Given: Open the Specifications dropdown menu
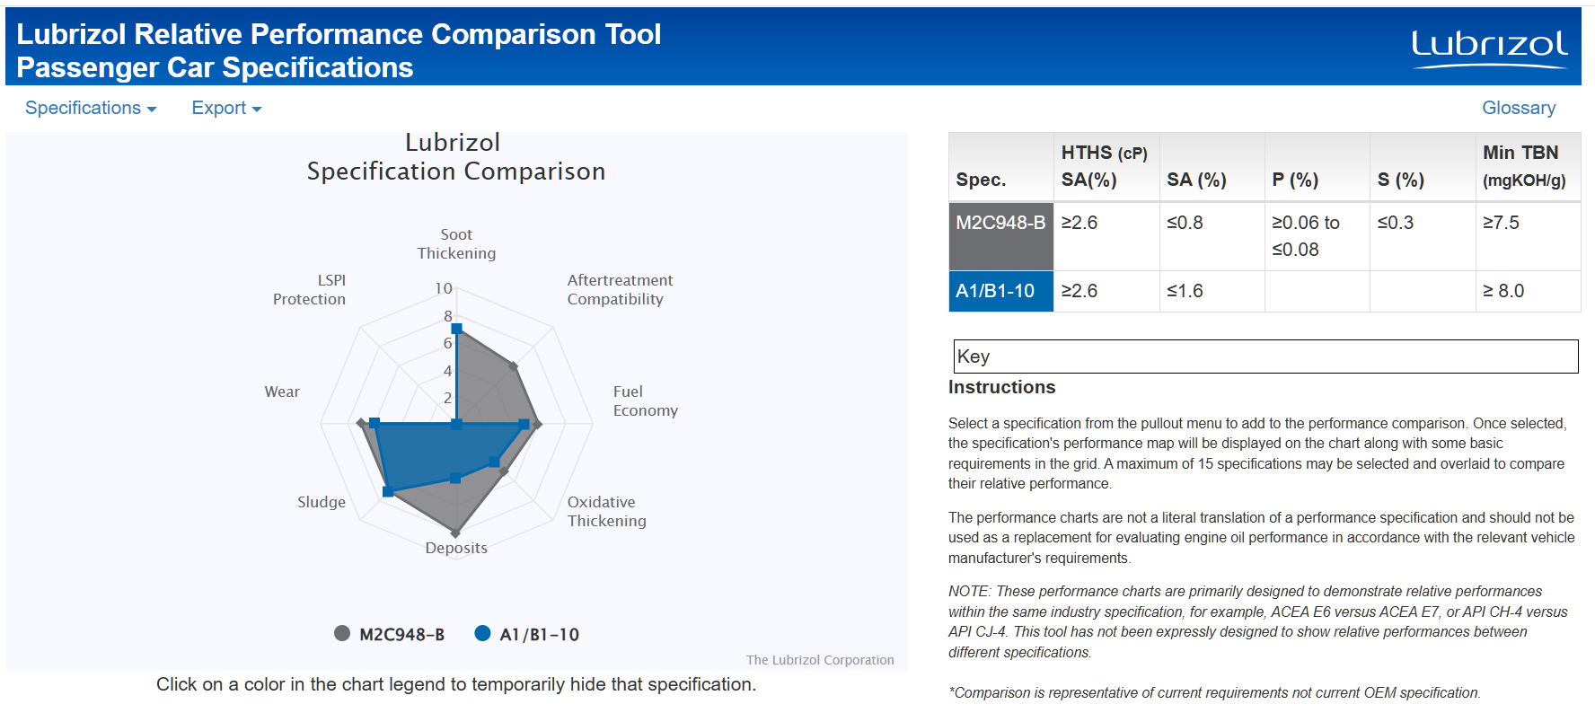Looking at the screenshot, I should [90, 108].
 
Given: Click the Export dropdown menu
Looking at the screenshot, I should [225, 108].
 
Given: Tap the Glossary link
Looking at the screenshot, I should [1518, 108].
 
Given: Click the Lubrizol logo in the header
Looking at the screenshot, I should [1489, 48].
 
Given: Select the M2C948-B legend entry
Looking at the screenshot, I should [390, 634].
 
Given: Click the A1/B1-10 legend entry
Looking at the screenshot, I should [527, 634].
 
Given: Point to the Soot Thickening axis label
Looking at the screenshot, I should [456, 244].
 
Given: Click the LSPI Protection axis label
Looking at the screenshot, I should [310, 290].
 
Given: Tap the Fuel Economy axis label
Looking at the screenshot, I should [645, 401].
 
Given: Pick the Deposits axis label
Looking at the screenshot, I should [456, 548].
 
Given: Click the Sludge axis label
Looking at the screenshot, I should [322, 502].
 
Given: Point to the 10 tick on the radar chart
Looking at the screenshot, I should [444, 288].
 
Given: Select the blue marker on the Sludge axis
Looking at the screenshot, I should [388, 491].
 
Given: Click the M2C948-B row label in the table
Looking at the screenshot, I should [1000, 223].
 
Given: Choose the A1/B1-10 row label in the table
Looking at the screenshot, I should [995, 291].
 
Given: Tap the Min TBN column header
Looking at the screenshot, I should [1524, 165].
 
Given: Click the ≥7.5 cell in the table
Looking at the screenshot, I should [1502, 223].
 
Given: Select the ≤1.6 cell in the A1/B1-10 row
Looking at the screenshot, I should [1185, 291].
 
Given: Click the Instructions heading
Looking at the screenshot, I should [1001, 387].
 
